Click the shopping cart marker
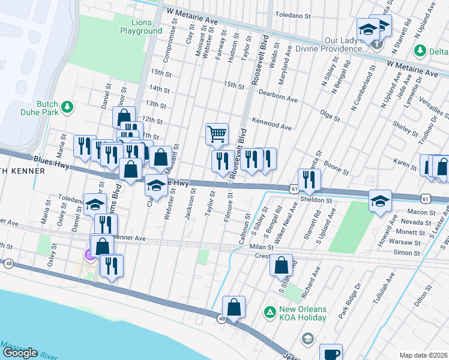217,133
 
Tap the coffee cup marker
331,353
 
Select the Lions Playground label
140,26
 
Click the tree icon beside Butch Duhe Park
68,107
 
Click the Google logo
20,353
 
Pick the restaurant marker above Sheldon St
309,179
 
